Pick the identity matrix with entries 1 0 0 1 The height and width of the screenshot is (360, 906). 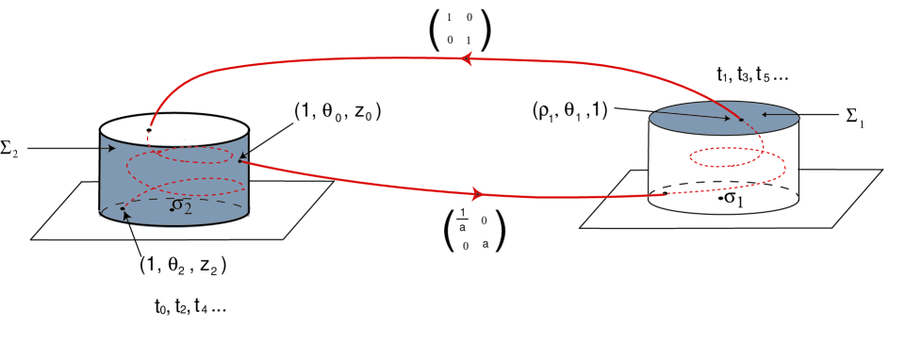(x=459, y=29)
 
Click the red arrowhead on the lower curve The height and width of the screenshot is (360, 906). (x=477, y=194)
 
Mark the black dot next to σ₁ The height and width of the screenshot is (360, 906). (x=720, y=200)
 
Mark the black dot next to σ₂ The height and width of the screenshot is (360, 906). (x=171, y=208)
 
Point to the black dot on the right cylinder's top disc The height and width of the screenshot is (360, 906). (x=739, y=119)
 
